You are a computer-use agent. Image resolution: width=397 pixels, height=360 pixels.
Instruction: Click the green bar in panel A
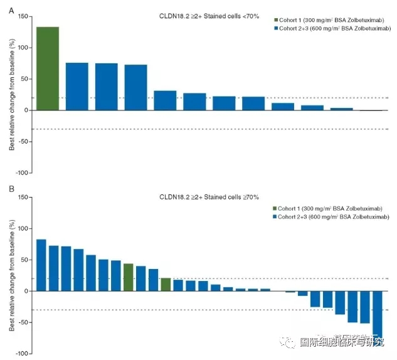pos(48,68)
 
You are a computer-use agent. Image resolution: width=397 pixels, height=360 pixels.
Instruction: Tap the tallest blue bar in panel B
pos(41,265)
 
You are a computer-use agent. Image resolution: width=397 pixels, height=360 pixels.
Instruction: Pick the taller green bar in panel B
pos(129,277)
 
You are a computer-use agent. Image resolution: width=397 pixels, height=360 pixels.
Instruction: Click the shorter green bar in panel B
pos(166,284)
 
